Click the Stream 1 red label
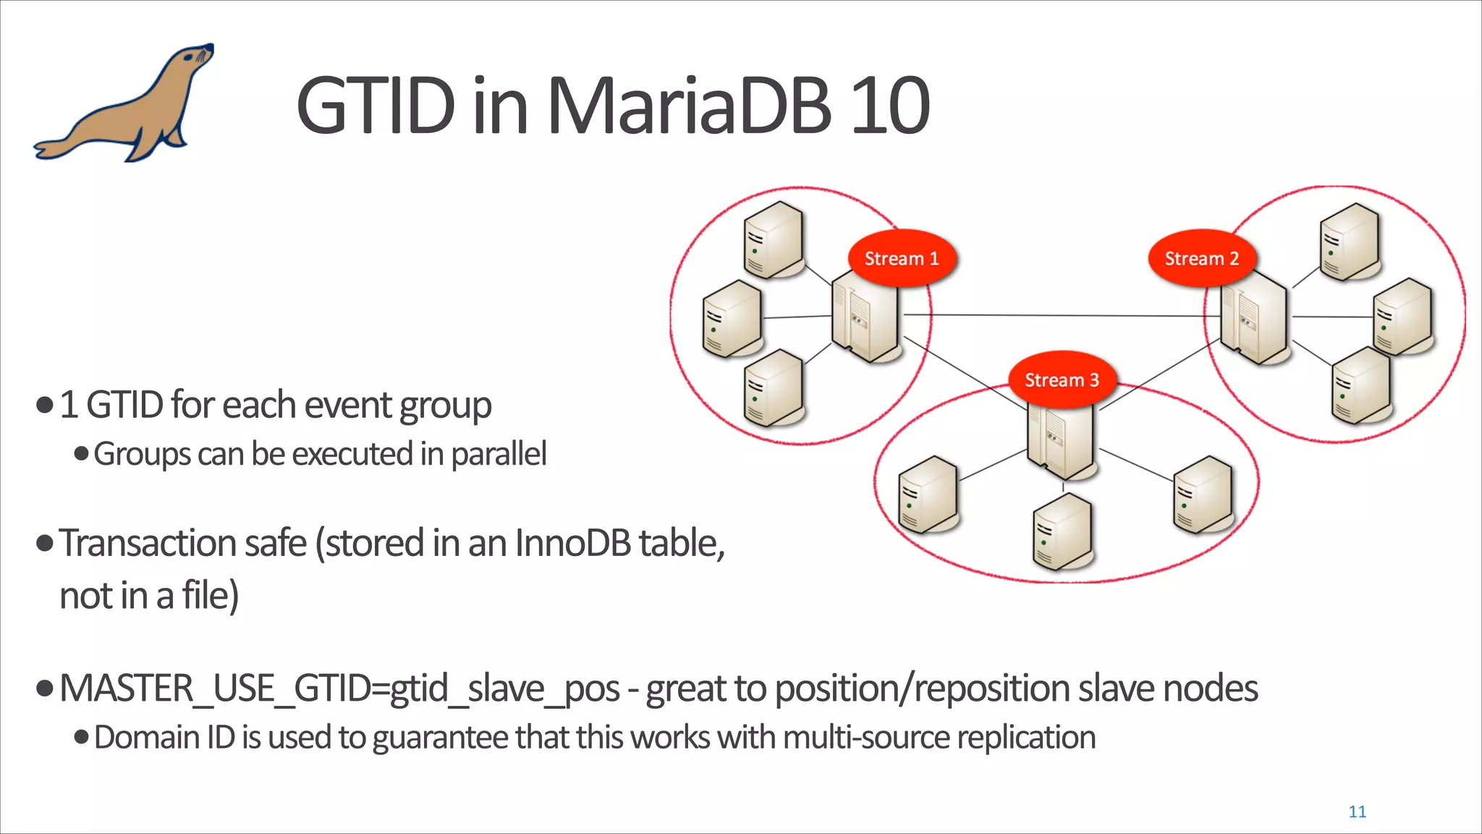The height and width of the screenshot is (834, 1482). (x=902, y=258)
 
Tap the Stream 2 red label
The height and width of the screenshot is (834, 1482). (x=1201, y=258)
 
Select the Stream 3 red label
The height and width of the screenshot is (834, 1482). (x=1062, y=380)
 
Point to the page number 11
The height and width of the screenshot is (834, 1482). (x=1357, y=812)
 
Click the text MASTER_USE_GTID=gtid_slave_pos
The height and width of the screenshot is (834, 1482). (x=339, y=688)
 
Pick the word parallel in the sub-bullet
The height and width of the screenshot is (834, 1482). (x=499, y=455)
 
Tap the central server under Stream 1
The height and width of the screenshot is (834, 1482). (x=864, y=319)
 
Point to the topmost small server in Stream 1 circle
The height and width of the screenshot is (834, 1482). (x=773, y=239)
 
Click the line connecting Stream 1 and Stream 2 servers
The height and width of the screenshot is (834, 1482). (x=1057, y=316)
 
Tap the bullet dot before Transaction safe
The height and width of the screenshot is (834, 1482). (x=45, y=543)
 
